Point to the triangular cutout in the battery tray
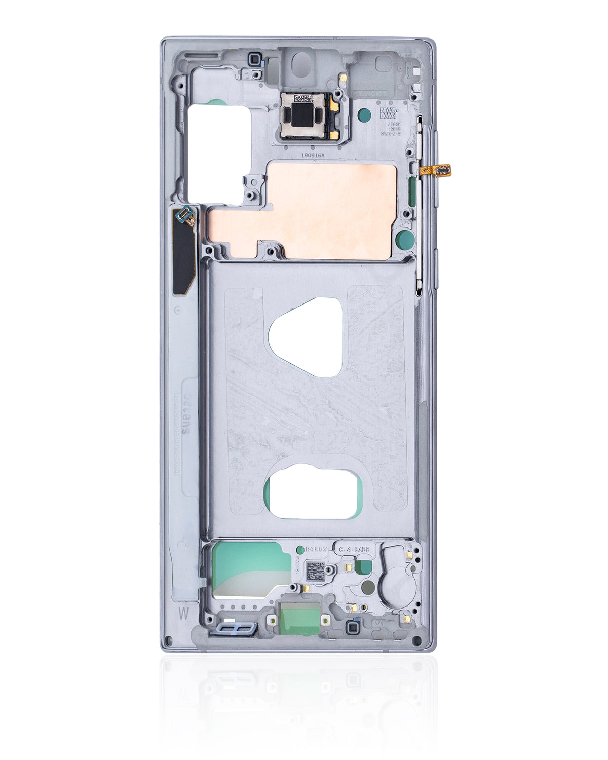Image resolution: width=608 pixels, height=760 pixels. click(307, 337)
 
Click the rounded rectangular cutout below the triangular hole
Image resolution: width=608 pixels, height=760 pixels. click(313, 492)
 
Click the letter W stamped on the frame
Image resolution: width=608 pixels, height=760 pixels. click(183, 613)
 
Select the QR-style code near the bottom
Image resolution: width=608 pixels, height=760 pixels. click(315, 571)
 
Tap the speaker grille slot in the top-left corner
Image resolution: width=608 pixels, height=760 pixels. click(202, 55)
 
